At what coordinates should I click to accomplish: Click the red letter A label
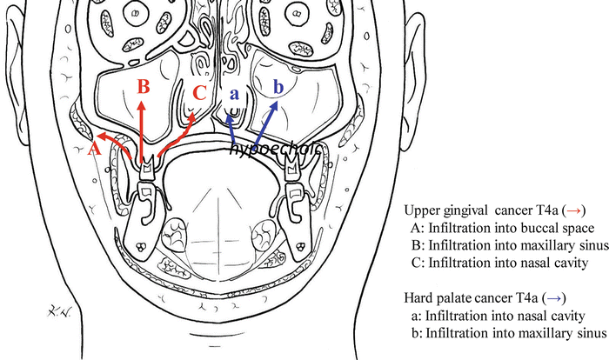click(x=95, y=149)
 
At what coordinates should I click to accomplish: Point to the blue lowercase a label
click(x=233, y=88)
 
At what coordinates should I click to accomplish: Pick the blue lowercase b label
click(x=278, y=87)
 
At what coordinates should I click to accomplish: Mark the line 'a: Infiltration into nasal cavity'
click(x=498, y=315)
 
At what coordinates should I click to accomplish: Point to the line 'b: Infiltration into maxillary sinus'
click(x=506, y=332)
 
